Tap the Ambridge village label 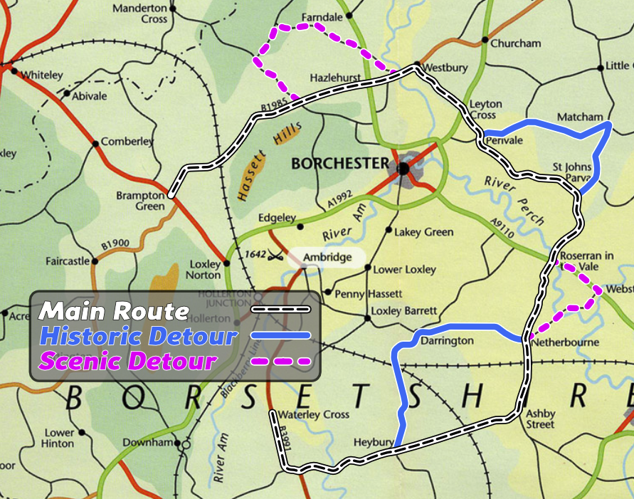click(x=327, y=257)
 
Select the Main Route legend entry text click(x=114, y=311)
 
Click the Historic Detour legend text click(x=137, y=335)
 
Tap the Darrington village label click(x=447, y=341)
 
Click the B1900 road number click(x=115, y=245)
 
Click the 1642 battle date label click(x=255, y=253)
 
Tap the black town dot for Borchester click(x=403, y=169)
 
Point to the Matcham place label click(x=580, y=117)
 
